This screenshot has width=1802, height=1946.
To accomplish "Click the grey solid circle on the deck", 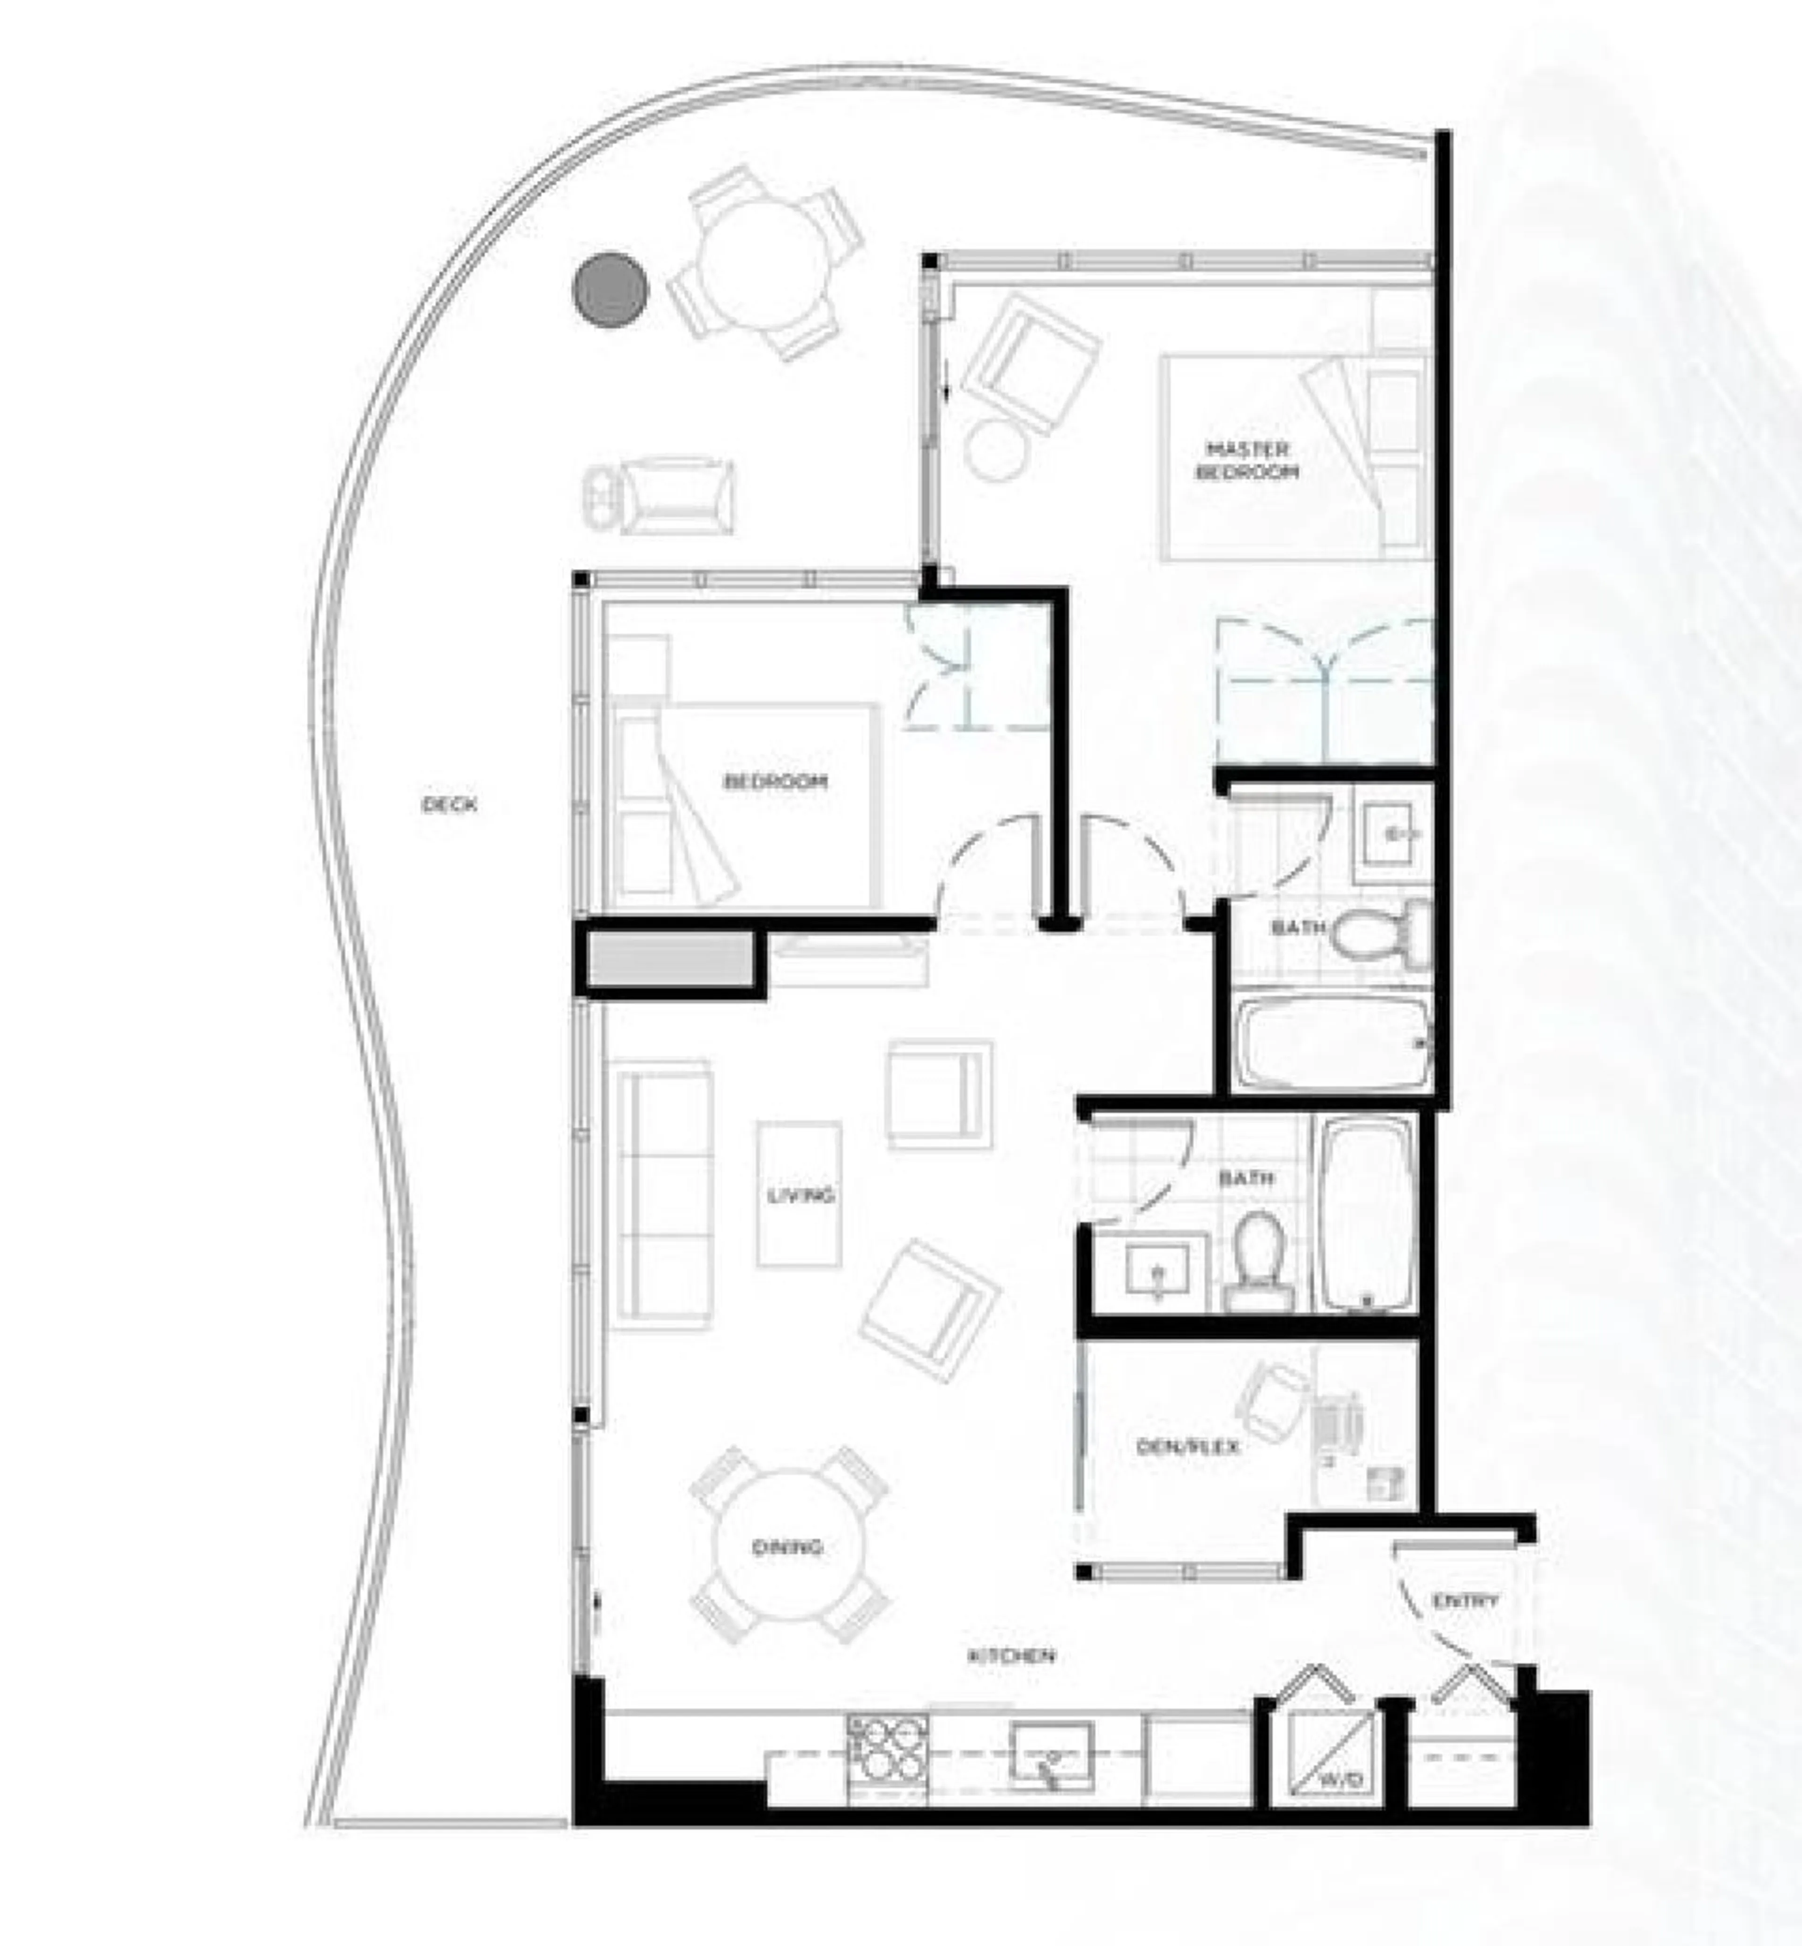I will pyautogui.click(x=611, y=290).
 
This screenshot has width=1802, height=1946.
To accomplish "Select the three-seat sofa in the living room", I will pyautogui.click(x=660, y=1194).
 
